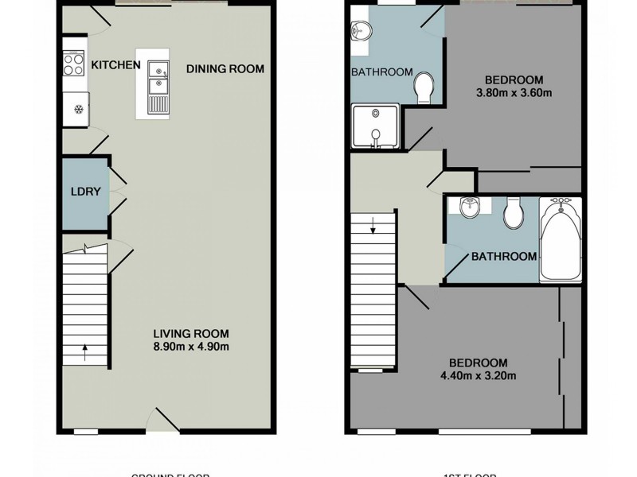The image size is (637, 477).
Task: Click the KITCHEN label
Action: [x=116, y=65]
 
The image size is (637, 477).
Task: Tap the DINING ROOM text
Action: [x=225, y=69]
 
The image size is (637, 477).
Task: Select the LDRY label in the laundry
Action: [x=83, y=192]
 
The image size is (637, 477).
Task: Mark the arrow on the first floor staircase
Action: [x=372, y=231]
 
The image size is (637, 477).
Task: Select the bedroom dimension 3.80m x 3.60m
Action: [x=514, y=93]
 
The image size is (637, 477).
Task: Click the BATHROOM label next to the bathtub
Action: [x=503, y=257]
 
